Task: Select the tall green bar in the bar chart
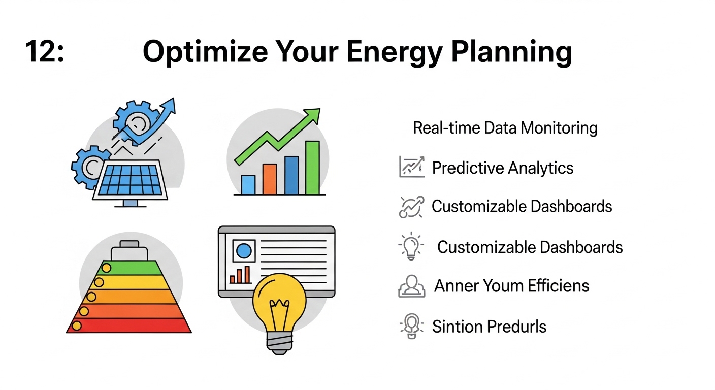pos(312,168)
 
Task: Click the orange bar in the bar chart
pos(270,179)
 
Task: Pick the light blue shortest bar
pos(248,185)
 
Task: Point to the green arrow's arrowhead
pos(312,116)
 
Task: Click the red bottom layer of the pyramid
pos(129,326)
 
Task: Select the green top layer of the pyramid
pos(132,268)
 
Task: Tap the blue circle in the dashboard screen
pos(244,251)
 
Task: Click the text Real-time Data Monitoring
pos(505,128)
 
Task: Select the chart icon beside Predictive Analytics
pos(412,167)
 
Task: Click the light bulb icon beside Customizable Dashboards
pos(411,246)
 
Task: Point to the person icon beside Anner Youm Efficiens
pos(412,286)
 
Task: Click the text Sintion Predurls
pos(489,327)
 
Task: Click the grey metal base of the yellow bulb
pos(280,343)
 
